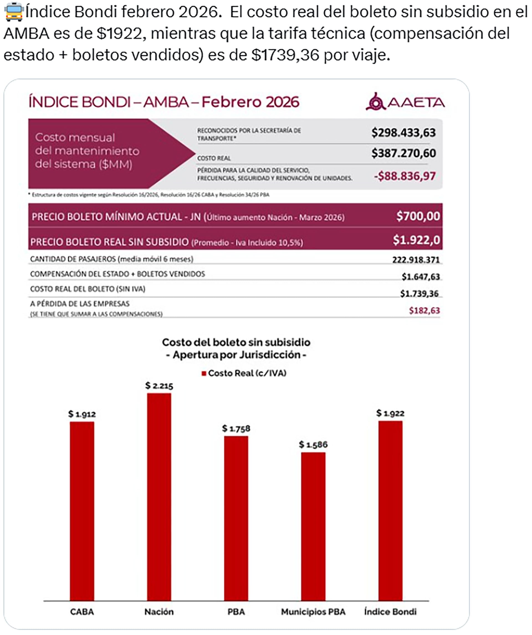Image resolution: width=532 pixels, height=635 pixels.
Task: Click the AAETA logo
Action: [405, 102]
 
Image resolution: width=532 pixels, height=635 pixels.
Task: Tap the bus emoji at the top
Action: [14, 12]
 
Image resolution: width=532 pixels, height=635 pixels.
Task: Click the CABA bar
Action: [82, 511]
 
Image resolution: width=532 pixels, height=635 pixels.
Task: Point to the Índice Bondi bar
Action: [390, 511]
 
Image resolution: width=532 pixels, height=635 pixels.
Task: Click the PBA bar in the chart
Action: [236, 518]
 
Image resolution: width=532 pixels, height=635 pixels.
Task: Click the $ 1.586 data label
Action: [313, 444]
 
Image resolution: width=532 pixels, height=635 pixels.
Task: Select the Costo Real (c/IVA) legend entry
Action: [244, 373]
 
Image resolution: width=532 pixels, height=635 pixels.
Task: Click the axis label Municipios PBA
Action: [313, 612]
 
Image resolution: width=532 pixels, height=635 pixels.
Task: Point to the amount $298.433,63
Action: [403, 133]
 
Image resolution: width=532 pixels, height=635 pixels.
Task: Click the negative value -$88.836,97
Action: [405, 176]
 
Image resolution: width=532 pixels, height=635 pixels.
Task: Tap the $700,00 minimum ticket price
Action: [418, 216]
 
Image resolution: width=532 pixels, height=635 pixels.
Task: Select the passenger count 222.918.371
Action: [416, 260]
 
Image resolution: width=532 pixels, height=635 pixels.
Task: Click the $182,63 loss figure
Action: [424, 311]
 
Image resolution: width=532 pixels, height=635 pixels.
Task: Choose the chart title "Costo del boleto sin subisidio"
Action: [236, 342]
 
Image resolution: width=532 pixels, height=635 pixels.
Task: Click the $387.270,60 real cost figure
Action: [403, 153]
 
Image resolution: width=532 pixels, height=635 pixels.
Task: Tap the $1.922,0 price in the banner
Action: [416, 240]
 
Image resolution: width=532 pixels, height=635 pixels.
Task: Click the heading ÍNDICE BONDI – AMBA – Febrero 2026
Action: [164, 102]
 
